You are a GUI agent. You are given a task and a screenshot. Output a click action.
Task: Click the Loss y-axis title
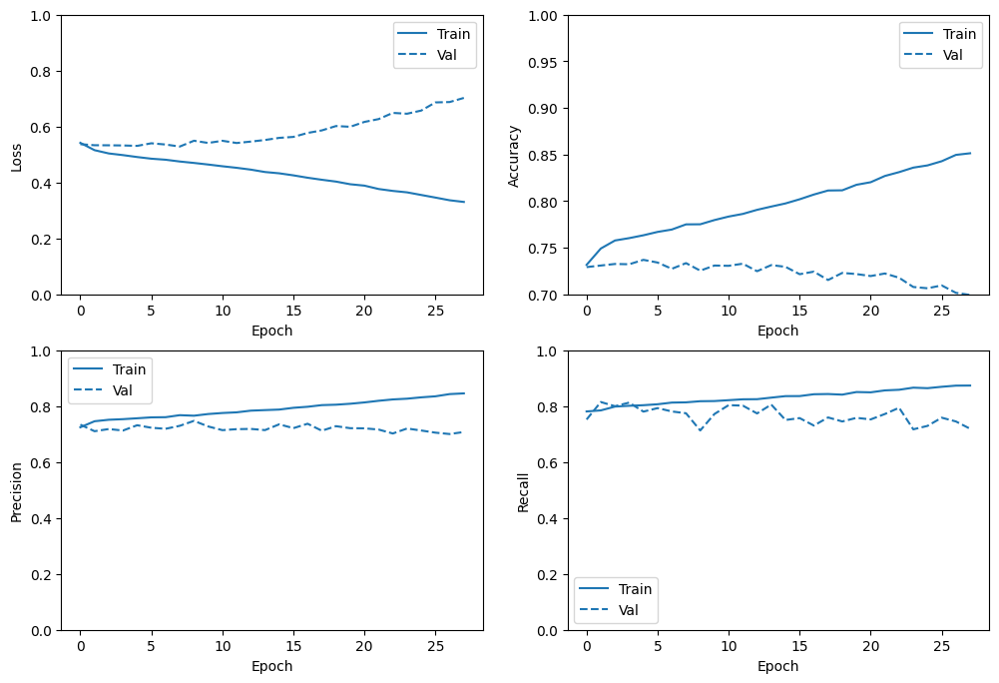coord(17,158)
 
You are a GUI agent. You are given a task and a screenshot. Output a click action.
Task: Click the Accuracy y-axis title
coord(514,156)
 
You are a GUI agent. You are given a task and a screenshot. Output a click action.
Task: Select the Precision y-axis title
coord(17,492)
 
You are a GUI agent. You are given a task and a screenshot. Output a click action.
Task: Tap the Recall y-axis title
coord(523,492)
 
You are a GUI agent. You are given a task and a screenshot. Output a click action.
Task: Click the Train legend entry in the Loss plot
coord(433,34)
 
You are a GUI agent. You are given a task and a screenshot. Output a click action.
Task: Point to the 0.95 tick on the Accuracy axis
coord(543,63)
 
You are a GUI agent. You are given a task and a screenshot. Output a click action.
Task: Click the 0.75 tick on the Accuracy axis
coord(543,249)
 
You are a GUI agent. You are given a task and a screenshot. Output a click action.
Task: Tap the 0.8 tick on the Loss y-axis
coord(41,72)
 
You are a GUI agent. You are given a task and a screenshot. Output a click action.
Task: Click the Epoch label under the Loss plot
coord(272,331)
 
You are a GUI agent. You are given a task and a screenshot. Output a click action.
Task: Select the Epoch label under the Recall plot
coord(777,666)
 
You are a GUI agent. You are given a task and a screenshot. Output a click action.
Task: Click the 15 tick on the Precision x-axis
coord(293,646)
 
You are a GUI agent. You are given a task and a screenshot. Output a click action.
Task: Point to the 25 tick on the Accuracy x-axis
coord(942,311)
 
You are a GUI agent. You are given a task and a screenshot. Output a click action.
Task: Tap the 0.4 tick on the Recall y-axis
coord(547,519)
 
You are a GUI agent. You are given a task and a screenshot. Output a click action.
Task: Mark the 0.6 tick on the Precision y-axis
coord(41,463)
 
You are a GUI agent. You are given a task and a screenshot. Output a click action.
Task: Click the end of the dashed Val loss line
coord(464,98)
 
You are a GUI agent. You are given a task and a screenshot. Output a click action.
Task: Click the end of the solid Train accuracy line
coord(970,153)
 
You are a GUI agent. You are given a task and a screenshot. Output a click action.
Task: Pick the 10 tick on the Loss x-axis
coord(223,311)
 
